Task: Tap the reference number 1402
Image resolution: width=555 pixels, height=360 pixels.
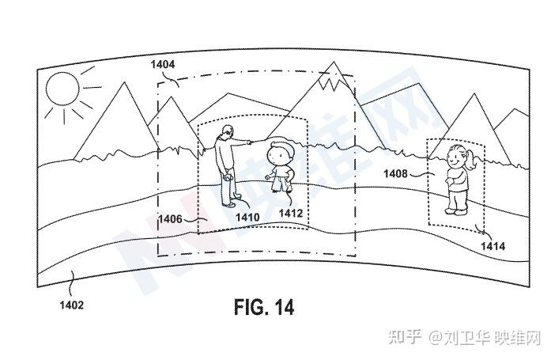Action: [x=70, y=303]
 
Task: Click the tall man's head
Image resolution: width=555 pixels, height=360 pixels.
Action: [x=228, y=131]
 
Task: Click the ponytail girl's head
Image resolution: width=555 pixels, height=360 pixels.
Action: [x=457, y=155]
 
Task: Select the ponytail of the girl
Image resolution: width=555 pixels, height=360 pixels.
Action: [x=472, y=161]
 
